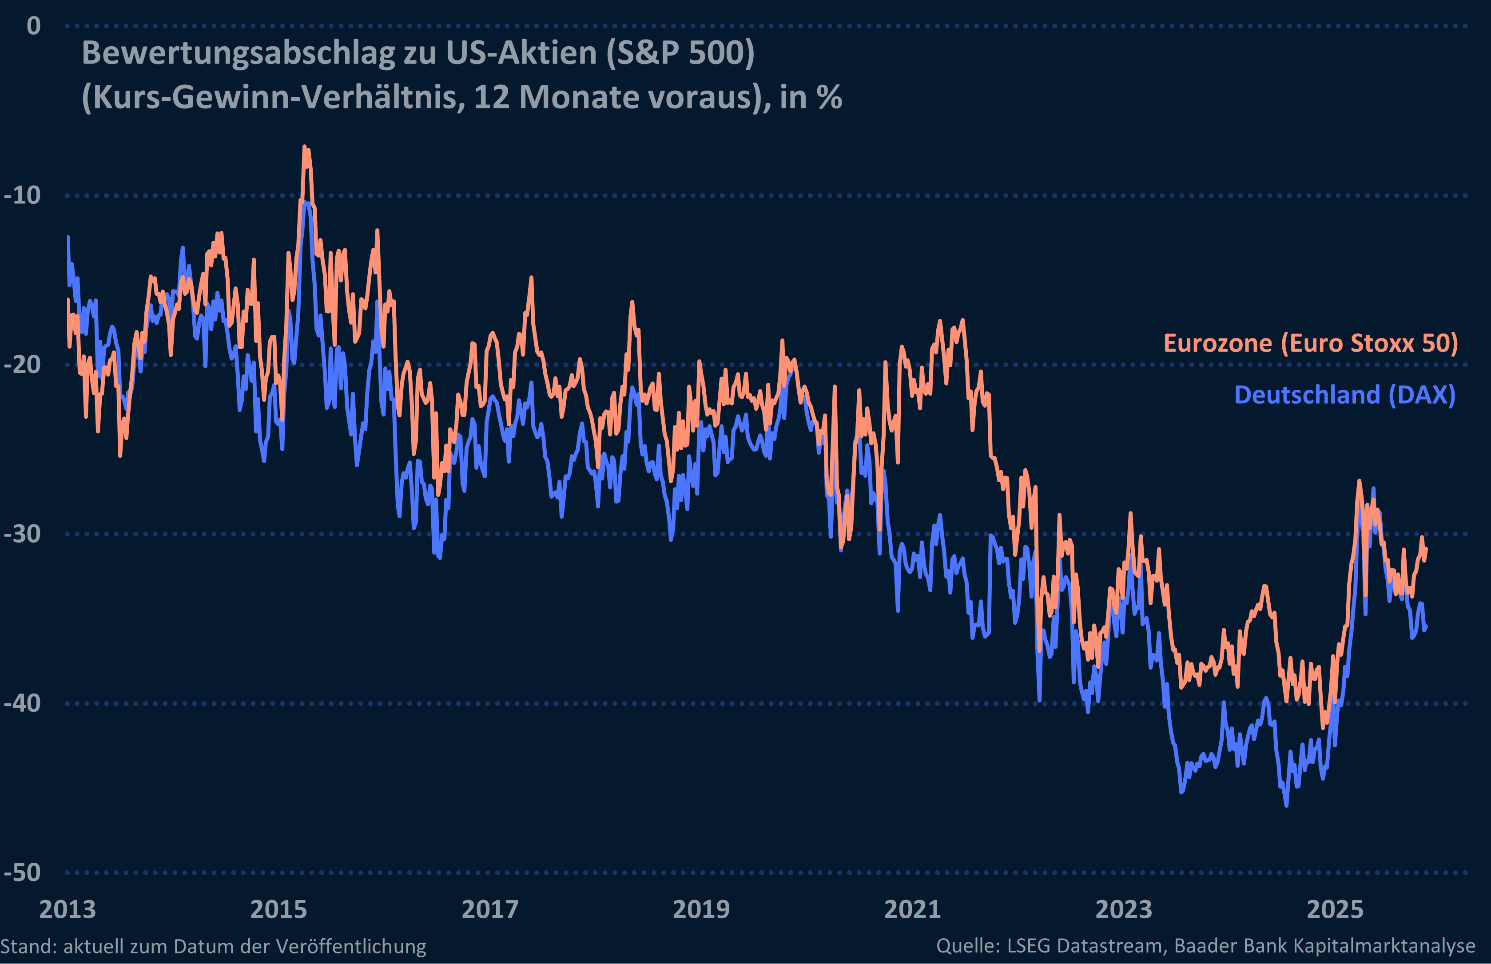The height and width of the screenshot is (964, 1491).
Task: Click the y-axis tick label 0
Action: pos(33,26)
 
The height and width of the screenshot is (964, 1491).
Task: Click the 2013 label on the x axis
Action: pos(68,909)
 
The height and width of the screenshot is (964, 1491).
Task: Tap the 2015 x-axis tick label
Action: pos(278,909)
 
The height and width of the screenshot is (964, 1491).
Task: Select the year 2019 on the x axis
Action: pos(701,909)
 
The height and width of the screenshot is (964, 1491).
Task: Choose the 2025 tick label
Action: pos(1335,909)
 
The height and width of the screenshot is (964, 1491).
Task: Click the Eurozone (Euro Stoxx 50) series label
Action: pos(1311,343)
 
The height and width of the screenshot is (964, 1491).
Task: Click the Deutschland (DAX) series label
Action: pos(1344,395)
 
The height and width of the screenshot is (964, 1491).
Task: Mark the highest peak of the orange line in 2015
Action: pos(305,147)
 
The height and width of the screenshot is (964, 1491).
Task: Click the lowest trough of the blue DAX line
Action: pos(1286,805)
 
